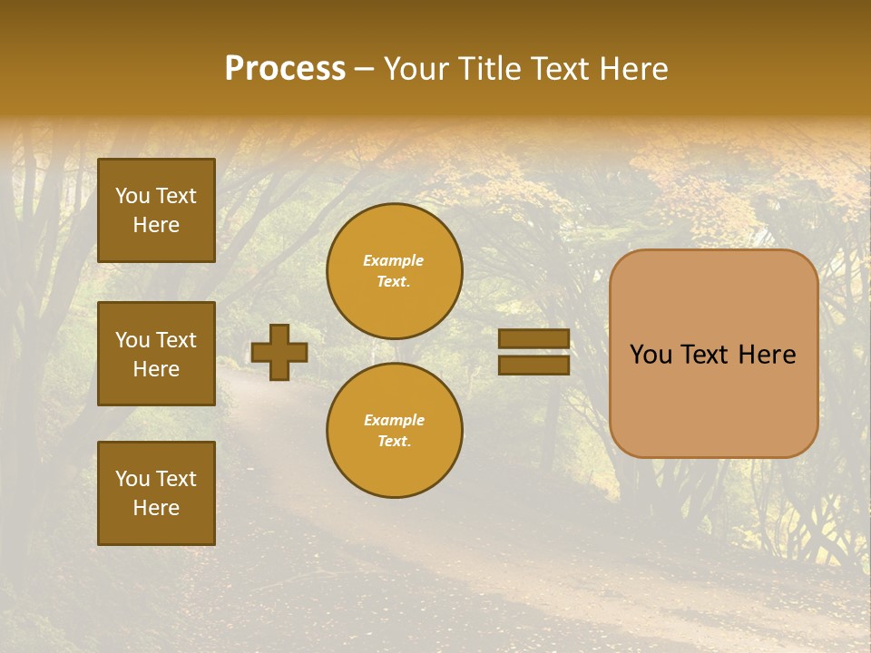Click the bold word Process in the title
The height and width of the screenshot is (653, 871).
(285, 69)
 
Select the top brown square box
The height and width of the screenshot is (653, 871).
(156, 210)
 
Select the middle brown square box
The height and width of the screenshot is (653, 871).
(156, 354)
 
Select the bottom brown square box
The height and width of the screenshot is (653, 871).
(156, 492)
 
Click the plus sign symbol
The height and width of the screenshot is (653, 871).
(279, 352)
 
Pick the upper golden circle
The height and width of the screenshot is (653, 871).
(395, 271)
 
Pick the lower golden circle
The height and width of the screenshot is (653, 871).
(395, 431)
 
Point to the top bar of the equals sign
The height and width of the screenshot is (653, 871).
(534, 338)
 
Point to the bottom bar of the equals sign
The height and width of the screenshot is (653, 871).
(534, 365)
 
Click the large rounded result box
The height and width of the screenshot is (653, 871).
(713, 399)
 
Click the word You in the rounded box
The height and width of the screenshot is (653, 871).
(651, 355)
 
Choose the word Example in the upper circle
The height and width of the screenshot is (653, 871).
(394, 260)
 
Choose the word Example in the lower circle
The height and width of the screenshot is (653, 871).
(394, 420)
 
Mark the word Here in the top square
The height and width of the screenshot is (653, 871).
(156, 225)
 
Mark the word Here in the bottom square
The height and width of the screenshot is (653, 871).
(156, 508)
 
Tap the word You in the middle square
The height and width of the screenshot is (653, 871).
(131, 340)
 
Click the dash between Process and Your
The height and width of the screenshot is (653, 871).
(365, 70)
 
